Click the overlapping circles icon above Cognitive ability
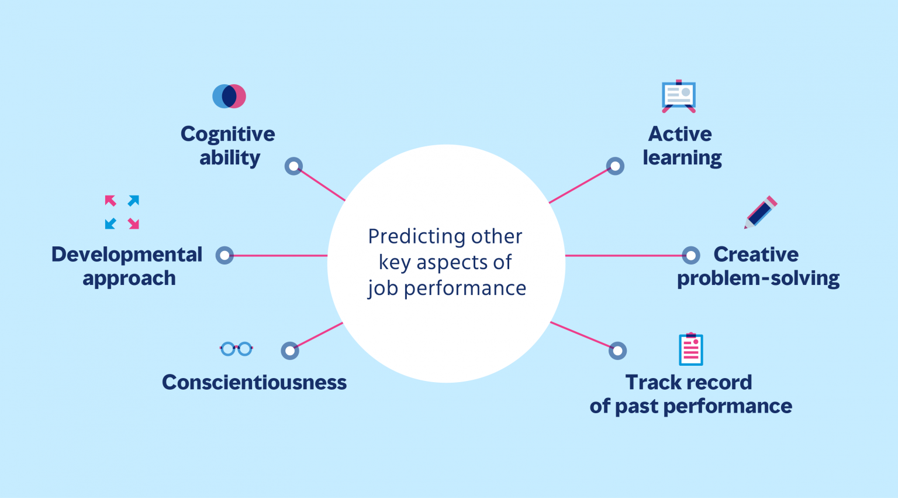click(229, 97)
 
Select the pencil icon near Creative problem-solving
click(761, 212)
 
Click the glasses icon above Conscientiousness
click(236, 349)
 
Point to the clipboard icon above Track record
click(690, 349)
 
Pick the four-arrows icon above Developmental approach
click(122, 212)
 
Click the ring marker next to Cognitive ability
click(293, 166)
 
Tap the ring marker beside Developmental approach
click(224, 255)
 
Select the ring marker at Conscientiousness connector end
click(290, 351)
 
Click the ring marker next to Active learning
click(615, 166)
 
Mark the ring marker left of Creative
click(691, 255)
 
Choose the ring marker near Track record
click(617, 351)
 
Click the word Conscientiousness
click(254, 382)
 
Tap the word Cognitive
click(227, 134)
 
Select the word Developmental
click(127, 255)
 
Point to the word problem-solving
click(758, 279)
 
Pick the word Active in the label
click(680, 134)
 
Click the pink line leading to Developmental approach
click(281, 256)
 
